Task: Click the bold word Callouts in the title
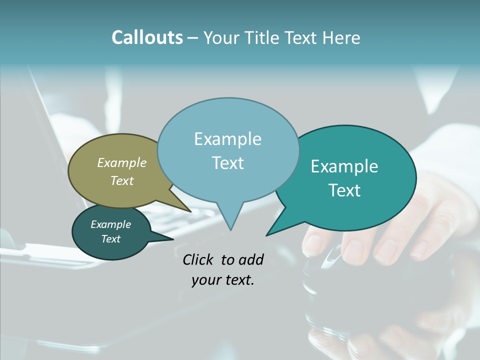[147, 37]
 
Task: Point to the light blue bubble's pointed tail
[230, 220]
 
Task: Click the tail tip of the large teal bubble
[267, 234]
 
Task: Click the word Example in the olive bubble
[122, 162]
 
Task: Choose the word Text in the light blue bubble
[228, 162]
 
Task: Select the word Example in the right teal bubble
[344, 166]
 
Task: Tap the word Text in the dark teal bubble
[111, 239]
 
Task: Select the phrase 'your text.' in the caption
[223, 280]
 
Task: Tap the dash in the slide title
[193, 37]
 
